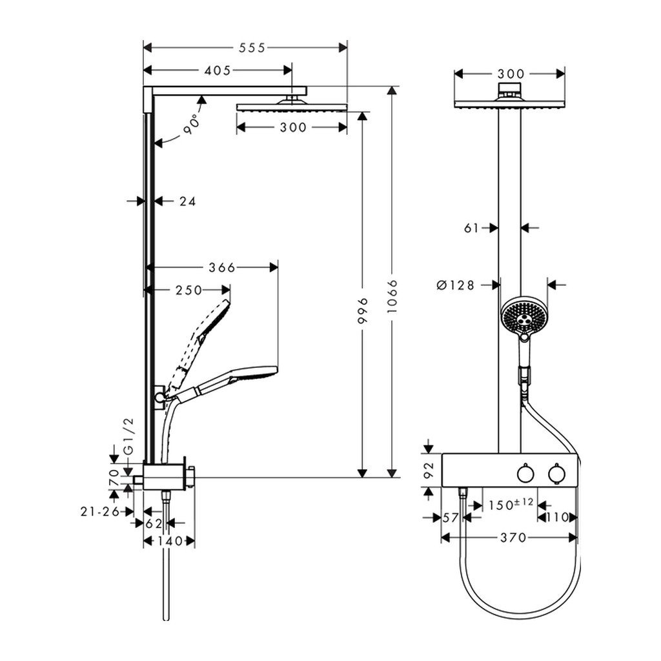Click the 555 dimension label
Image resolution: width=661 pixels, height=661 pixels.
point(252,47)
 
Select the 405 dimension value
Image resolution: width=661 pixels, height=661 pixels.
point(218,70)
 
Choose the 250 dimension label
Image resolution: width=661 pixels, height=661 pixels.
point(189,290)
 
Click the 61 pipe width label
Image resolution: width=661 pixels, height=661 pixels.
point(472,227)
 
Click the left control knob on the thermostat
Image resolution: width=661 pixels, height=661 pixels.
point(524,474)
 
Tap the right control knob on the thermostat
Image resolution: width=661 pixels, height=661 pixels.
point(556,474)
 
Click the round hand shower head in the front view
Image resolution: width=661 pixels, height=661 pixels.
point(524,315)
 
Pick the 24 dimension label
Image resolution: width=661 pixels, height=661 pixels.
point(187,201)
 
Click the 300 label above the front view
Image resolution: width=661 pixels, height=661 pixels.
point(510,73)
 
